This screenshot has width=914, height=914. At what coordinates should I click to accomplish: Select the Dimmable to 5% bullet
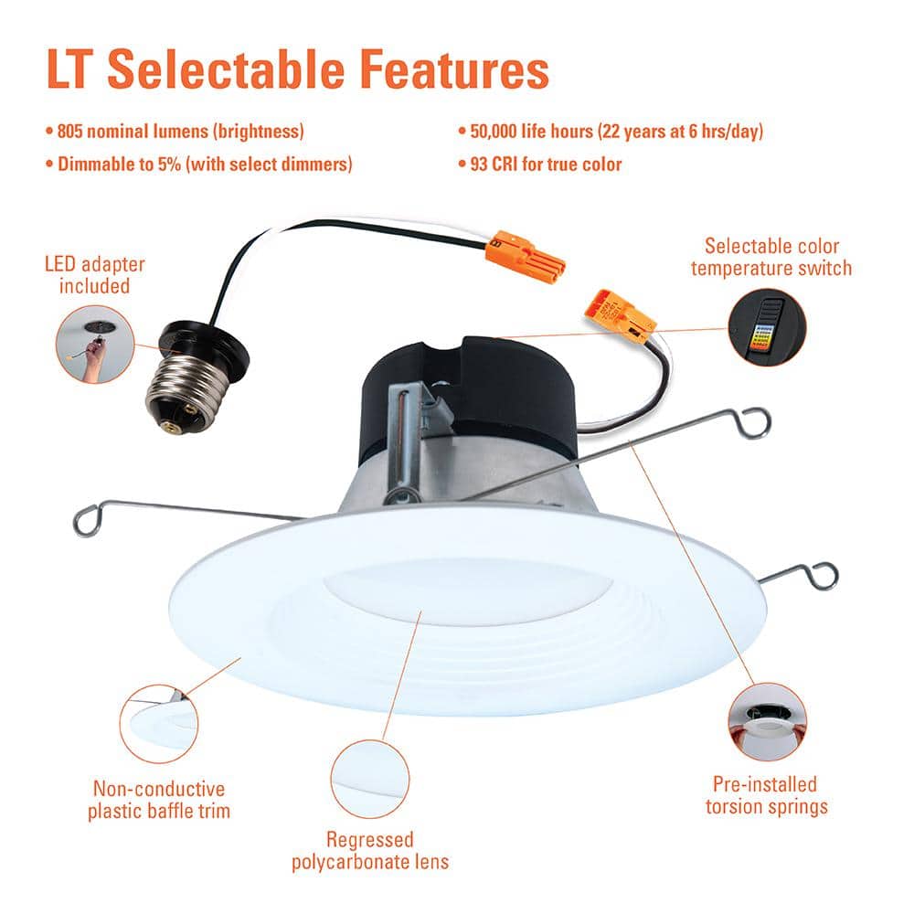(x=198, y=165)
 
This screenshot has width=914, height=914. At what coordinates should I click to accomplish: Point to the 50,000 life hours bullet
(x=610, y=131)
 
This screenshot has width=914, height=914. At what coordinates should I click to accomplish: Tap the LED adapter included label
(x=95, y=275)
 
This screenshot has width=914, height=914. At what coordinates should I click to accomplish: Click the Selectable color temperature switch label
(x=771, y=257)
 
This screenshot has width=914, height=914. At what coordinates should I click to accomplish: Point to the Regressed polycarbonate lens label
(x=370, y=850)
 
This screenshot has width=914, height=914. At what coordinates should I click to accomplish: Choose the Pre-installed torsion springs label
(x=765, y=795)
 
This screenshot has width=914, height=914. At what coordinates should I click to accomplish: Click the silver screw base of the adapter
(x=180, y=386)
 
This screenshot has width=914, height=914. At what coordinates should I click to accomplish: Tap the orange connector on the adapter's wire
(x=526, y=256)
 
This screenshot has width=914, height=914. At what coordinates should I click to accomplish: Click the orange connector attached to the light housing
(x=620, y=315)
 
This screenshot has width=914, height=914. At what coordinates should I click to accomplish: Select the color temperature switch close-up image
(x=766, y=326)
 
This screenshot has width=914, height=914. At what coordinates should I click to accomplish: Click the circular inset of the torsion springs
(x=768, y=721)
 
